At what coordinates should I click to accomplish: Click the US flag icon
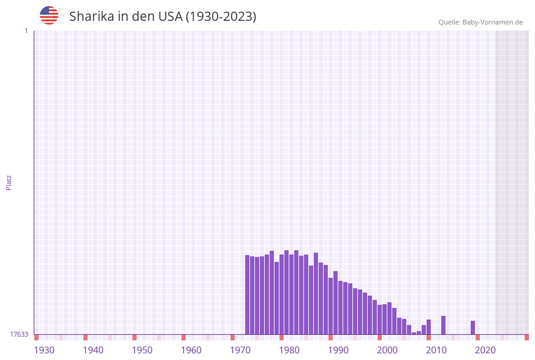(x=49, y=15)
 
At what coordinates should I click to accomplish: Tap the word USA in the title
(x=169, y=17)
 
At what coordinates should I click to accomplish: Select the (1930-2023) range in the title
(x=221, y=17)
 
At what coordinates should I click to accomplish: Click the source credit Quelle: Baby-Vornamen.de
(x=480, y=22)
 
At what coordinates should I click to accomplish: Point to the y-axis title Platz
(x=9, y=182)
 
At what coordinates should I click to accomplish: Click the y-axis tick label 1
(x=26, y=31)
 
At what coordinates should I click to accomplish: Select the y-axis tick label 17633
(x=19, y=334)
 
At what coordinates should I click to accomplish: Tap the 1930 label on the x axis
(x=44, y=350)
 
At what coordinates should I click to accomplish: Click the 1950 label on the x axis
(x=142, y=350)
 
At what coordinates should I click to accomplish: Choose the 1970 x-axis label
(x=240, y=350)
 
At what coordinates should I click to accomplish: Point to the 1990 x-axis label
(x=338, y=350)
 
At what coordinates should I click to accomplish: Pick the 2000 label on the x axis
(x=387, y=350)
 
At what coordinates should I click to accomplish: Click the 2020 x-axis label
(x=485, y=350)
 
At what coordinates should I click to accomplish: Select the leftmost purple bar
(x=248, y=294)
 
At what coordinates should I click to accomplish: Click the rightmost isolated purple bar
(x=473, y=327)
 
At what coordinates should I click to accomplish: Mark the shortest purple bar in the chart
(x=414, y=333)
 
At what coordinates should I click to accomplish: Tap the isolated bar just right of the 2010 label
(x=444, y=325)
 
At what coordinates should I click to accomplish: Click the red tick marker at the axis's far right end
(x=526, y=337)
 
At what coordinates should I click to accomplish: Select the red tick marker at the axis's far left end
(x=37, y=337)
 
